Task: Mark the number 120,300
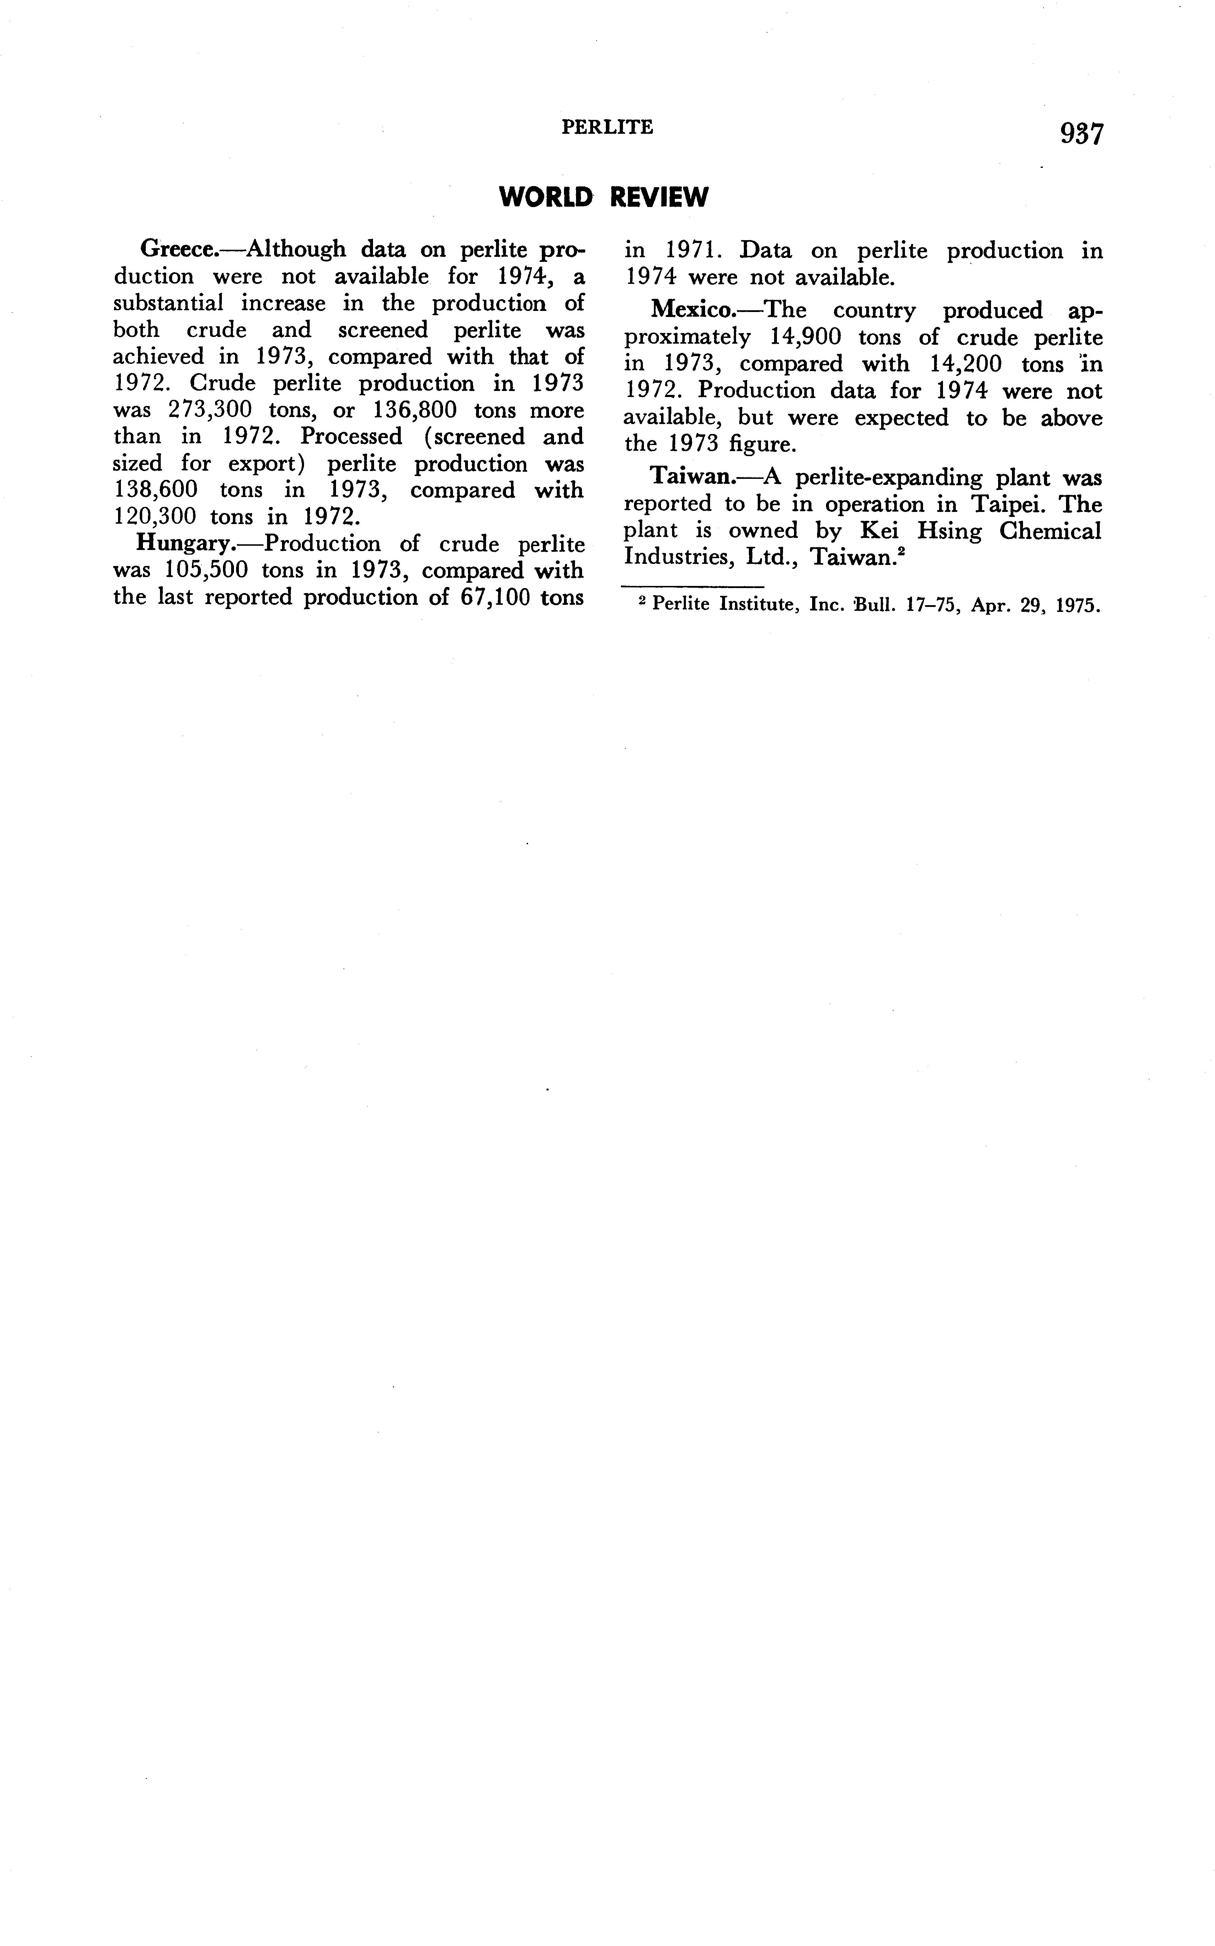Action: click(x=154, y=517)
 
